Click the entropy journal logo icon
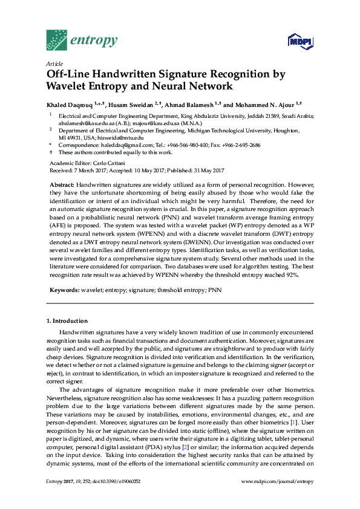coord(57,41)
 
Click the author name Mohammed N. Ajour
coord(272,103)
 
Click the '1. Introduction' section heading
coord(67,321)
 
